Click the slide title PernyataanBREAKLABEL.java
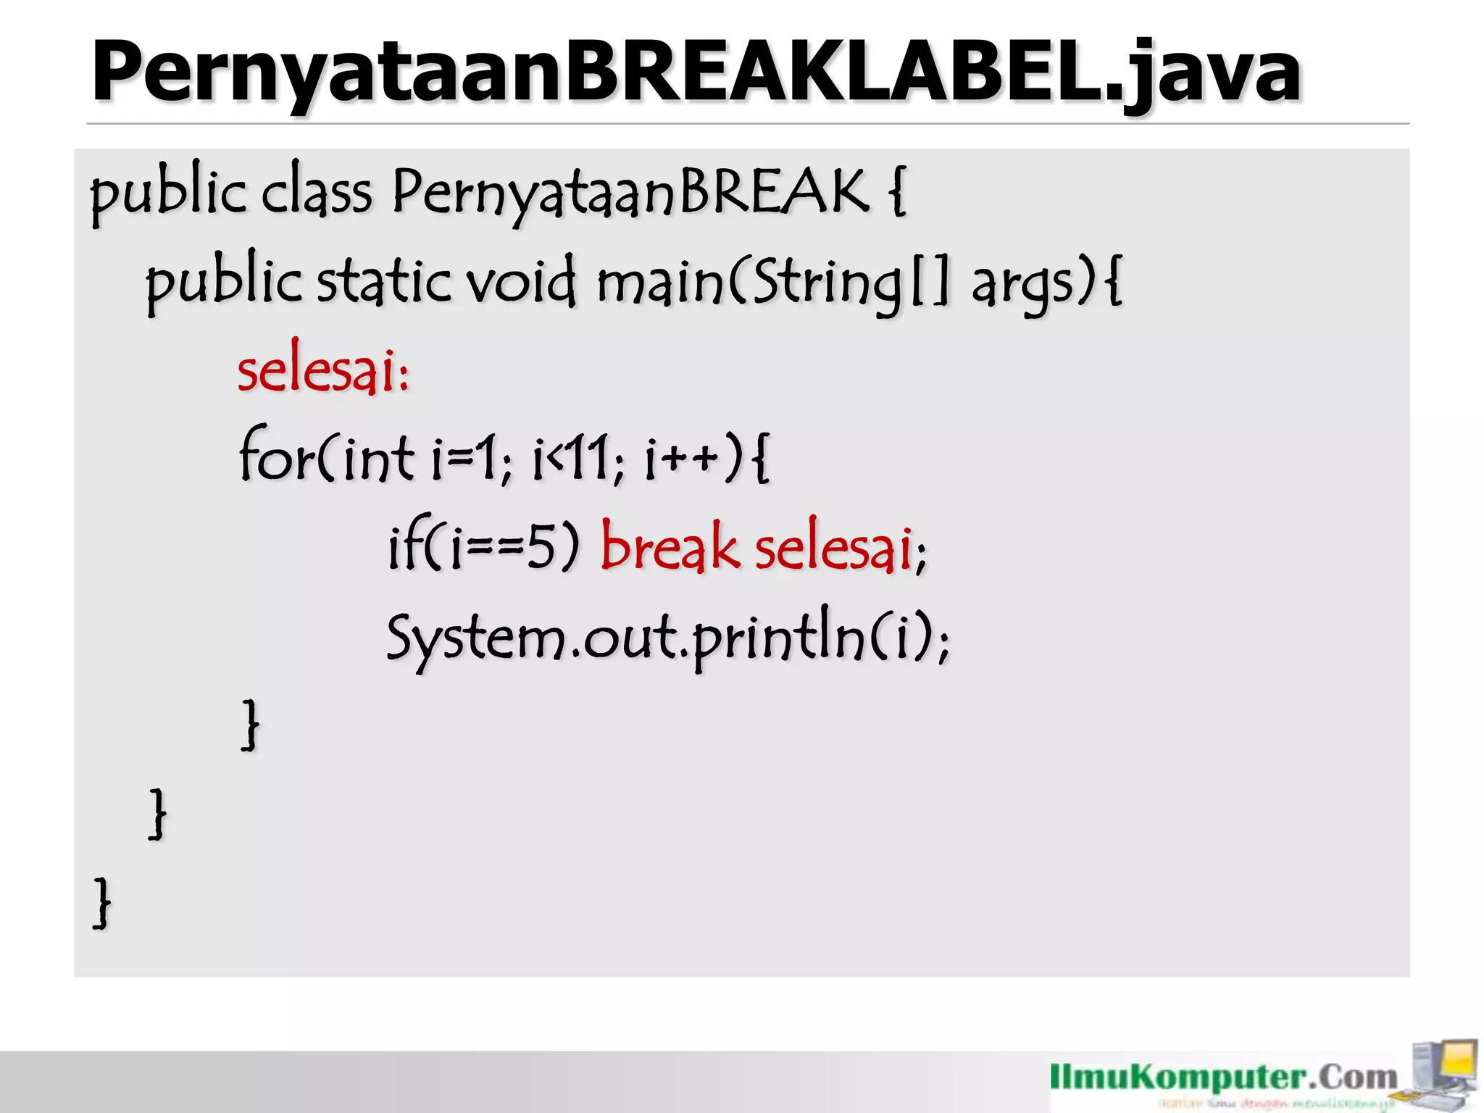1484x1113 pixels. (696, 72)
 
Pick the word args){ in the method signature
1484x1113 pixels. (1046, 283)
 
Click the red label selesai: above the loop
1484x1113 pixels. (323, 371)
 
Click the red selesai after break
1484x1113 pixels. (833, 548)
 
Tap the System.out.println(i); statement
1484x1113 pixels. (667, 638)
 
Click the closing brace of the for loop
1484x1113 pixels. (250, 725)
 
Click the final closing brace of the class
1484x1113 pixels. (102, 902)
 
